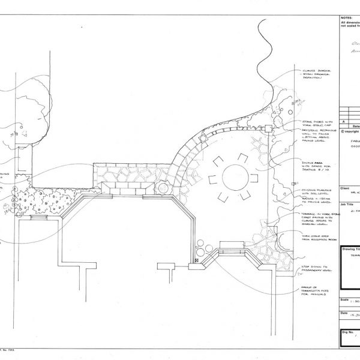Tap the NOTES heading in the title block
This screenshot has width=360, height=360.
(x=346, y=18)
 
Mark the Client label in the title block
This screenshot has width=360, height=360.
(x=344, y=188)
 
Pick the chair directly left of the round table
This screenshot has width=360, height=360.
(x=211, y=178)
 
